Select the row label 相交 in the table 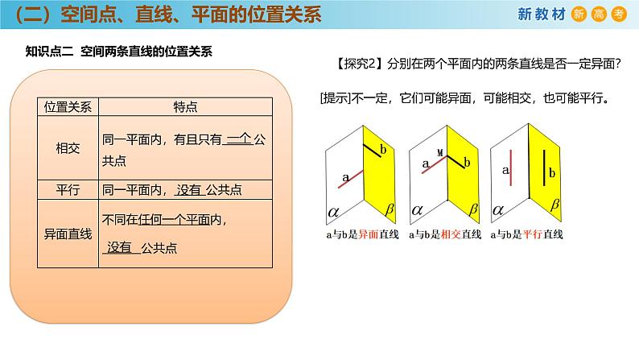pyautogui.click(x=68, y=148)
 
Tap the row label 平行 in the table pyautogui.click(x=68, y=190)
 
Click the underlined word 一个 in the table pyautogui.click(x=239, y=139)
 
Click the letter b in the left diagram pyautogui.click(x=382, y=151)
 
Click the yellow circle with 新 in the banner pyautogui.click(x=578, y=14)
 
